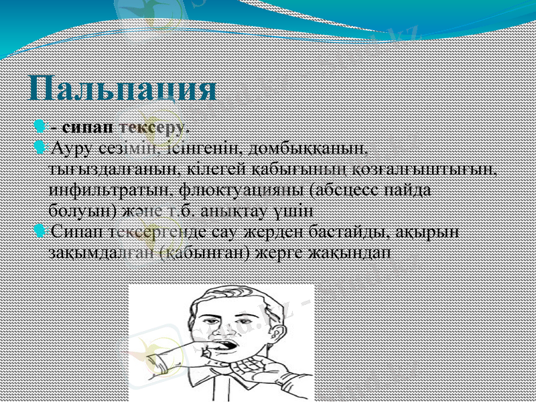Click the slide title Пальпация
(124, 88)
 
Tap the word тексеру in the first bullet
(151, 126)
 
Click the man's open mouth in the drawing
(226, 349)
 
